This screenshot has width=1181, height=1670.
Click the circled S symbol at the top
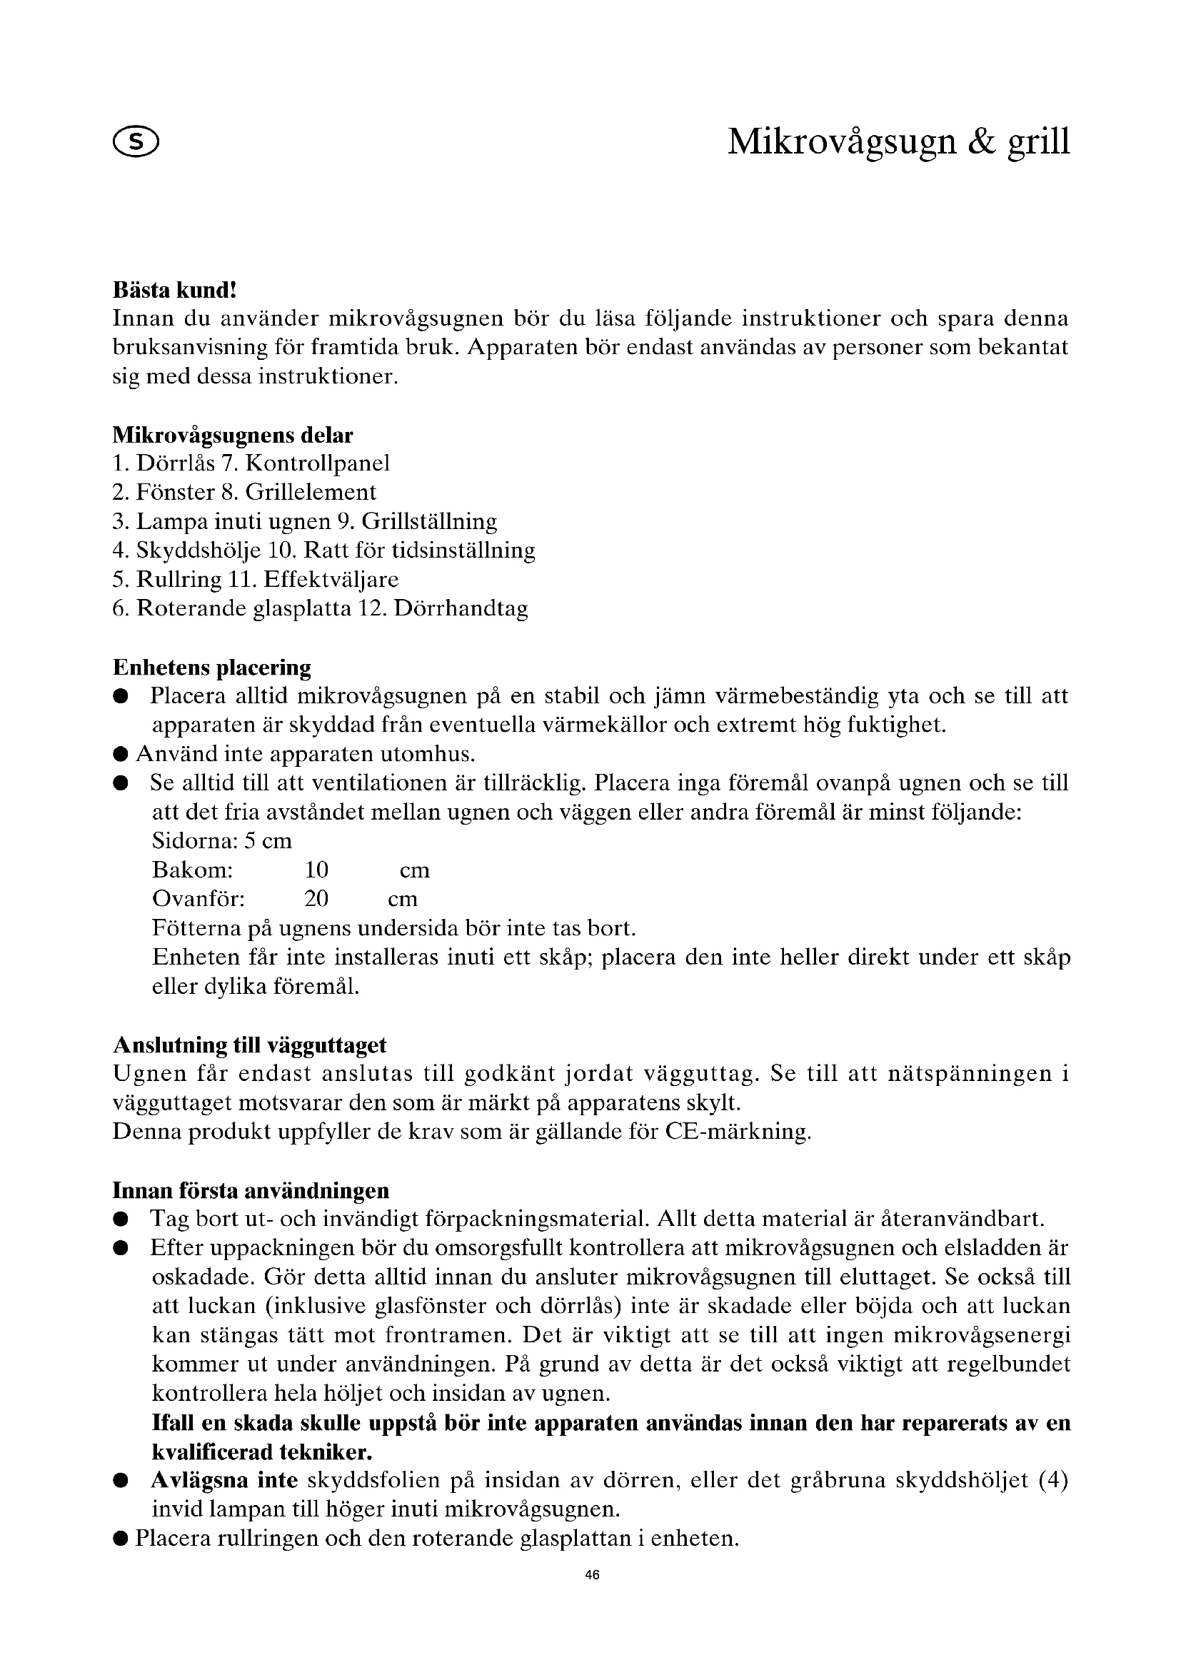click(136, 143)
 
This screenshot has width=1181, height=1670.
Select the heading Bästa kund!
click(174, 290)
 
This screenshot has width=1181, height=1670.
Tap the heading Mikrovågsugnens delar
click(233, 436)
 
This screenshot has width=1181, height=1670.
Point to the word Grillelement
click(311, 493)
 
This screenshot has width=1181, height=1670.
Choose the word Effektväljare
click(331, 580)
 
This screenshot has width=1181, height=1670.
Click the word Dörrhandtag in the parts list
click(461, 609)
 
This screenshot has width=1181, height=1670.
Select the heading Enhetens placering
click(211, 668)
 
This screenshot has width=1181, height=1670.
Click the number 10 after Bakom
click(316, 870)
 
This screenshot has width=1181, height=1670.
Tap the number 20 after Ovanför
click(316, 899)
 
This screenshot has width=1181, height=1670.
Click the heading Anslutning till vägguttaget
click(249, 1045)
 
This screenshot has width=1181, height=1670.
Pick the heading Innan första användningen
click(251, 1191)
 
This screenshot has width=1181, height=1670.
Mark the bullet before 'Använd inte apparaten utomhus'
click(121, 754)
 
